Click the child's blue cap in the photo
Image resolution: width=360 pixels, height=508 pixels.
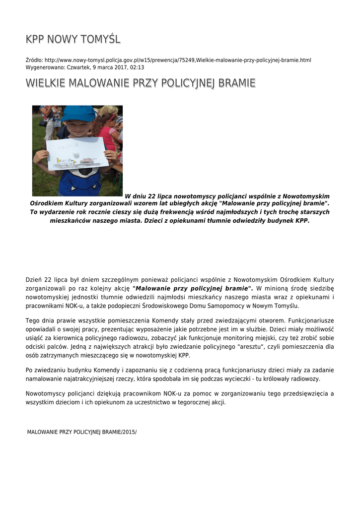[x=78, y=114]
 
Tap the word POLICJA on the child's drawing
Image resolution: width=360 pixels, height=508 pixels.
[x=68, y=146]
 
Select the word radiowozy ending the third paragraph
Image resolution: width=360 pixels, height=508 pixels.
[x=305, y=379]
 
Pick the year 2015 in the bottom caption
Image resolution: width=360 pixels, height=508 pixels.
[x=128, y=432]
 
